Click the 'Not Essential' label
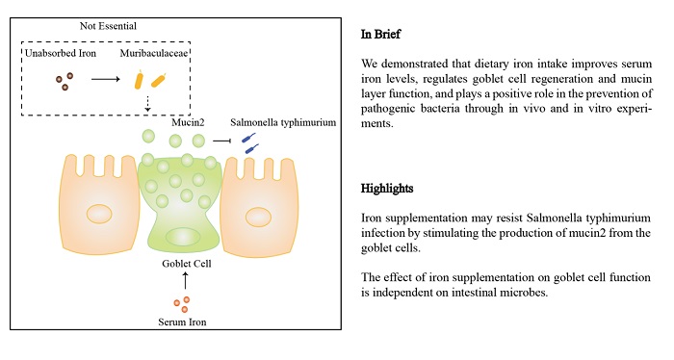pyautogui.click(x=108, y=26)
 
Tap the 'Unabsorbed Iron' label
pyautogui.click(x=61, y=53)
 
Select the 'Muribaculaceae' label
pyautogui.click(x=154, y=53)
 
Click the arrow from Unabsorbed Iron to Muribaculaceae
pyautogui.click(x=106, y=79)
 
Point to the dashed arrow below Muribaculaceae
pyautogui.click(x=147, y=104)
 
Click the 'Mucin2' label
pyautogui.click(x=188, y=122)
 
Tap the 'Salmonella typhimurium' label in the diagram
pyautogui.click(x=283, y=122)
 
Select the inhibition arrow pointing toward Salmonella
pyautogui.click(x=222, y=141)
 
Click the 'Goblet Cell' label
pyautogui.click(x=187, y=264)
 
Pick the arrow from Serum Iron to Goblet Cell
pyautogui.click(x=185, y=280)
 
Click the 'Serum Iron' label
pyautogui.click(x=182, y=322)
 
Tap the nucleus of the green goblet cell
pyautogui.click(x=183, y=237)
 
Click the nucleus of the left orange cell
pyautogui.click(x=99, y=214)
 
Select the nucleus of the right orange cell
pyautogui.click(x=258, y=217)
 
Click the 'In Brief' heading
pyautogui.click(x=380, y=35)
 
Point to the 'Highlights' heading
pyautogui.click(x=387, y=189)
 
